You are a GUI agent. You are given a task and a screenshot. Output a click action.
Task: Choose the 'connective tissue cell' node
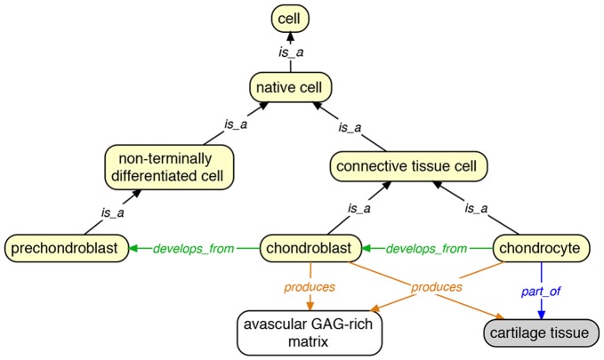397,165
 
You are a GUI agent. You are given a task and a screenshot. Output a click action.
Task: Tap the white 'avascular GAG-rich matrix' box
310,332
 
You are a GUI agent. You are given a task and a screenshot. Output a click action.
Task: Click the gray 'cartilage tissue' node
542,333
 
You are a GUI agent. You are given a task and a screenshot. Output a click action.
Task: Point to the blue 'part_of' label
539,290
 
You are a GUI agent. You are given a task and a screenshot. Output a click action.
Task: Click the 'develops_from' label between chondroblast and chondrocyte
426,249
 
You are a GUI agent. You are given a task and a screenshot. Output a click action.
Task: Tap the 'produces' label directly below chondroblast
309,287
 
